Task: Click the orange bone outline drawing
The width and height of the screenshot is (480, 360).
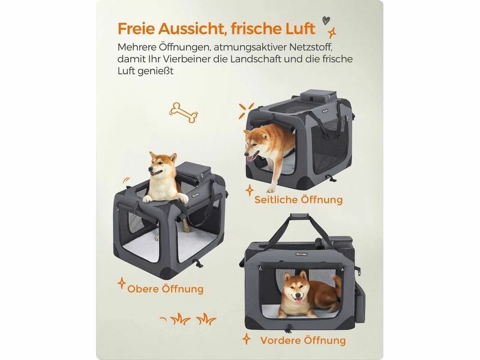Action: point(184,112)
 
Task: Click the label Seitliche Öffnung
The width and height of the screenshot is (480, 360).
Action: point(298,200)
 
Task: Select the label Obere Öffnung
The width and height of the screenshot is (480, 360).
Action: point(166,289)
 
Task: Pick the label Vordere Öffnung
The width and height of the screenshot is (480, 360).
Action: point(303,340)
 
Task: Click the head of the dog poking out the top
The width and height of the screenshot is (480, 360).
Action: point(161,166)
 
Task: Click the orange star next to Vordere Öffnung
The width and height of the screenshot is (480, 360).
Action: point(247,339)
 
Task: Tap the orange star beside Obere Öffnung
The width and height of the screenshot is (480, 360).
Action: point(122,283)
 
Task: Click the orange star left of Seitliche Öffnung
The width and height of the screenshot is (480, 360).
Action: point(250,190)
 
